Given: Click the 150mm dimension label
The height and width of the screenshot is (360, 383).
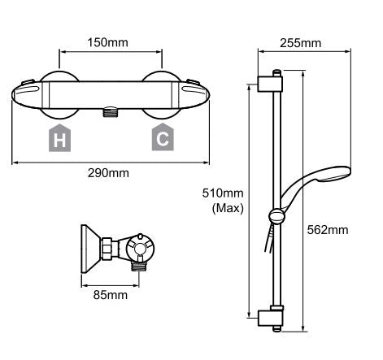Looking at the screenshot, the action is coord(107,42).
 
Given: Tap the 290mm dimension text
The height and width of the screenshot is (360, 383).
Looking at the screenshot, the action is coord(108,173).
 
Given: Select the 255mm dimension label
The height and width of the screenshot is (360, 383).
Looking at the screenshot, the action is coord(300,43).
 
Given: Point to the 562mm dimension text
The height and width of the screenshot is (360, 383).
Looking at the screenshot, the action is coord(328,230).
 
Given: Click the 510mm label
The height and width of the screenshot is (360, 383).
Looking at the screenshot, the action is coord(223,193).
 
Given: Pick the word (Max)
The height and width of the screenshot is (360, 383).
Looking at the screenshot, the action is coord(228,208).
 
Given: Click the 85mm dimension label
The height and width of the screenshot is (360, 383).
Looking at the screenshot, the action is coord(111,295).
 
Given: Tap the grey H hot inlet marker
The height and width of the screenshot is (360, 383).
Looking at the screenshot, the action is coord(59,138).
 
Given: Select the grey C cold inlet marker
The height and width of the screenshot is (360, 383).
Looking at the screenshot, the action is coord(163,137).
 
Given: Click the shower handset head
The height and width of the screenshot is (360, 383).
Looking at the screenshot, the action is coord(335,175).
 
